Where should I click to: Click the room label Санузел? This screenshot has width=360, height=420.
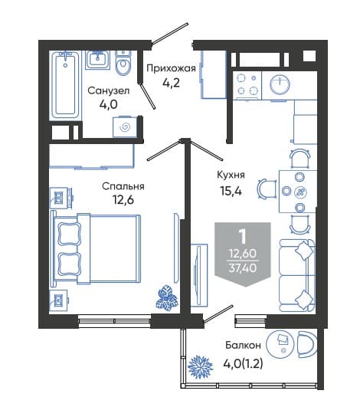point(109,90)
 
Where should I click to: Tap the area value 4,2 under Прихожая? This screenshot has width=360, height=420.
point(171,83)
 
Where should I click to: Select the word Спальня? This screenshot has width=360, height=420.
point(123,186)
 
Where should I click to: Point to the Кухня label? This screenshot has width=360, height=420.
point(231,175)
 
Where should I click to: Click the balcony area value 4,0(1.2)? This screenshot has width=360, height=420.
point(243,363)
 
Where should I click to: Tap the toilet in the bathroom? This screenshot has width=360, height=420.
point(123,63)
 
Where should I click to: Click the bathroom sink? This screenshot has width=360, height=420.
point(98,60)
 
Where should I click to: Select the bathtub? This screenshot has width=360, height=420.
point(66,85)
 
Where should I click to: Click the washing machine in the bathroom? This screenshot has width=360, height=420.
point(125,126)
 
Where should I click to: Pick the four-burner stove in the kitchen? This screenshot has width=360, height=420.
point(247,85)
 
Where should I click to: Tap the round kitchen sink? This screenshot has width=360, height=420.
point(280,84)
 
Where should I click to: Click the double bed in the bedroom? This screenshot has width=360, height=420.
point(96,248)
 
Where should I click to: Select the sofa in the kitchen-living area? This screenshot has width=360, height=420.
point(297,275)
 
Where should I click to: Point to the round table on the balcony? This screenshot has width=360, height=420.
point(280,343)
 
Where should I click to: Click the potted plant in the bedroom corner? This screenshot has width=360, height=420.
point(166,298)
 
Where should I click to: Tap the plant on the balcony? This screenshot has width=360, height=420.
point(200,367)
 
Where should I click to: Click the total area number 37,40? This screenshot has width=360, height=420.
point(243,267)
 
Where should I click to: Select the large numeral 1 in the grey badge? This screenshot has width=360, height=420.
point(243,237)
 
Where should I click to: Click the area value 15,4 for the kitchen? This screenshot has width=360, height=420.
point(231,191)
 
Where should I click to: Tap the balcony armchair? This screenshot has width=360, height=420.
point(307,343)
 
